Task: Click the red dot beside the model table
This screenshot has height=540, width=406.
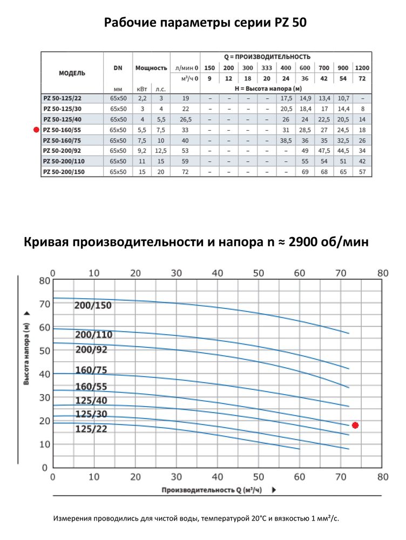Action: click(x=36, y=130)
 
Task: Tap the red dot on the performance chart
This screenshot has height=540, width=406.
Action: click(x=355, y=425)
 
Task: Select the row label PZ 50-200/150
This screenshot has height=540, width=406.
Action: click(x=64, y=172)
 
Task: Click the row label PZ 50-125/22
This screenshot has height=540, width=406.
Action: click(x=64, y=98)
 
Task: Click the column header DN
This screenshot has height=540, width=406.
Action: click(x=118, y=68)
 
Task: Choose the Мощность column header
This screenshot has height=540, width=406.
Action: click(x=151, y=68)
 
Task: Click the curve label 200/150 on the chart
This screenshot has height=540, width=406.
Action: click(x=93, y=306)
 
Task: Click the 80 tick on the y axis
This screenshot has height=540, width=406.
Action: click(x=44, y=280)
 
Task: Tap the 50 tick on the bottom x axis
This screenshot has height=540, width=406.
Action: click(x=259, y=477)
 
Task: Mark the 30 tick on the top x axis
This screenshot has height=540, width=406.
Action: click(x=176, y=273)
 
